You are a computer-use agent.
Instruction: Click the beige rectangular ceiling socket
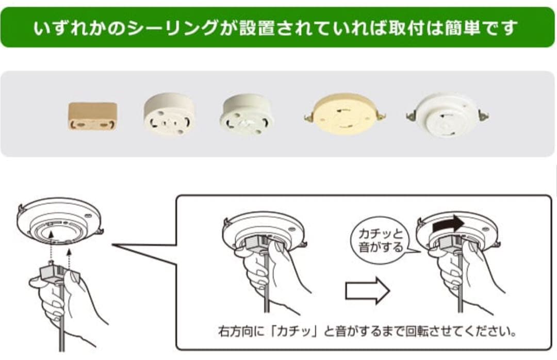pos(93,116)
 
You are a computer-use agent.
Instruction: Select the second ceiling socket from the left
pos(169,116)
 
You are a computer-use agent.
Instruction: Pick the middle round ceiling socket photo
pos(246,116)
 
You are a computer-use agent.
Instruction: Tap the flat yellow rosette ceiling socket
pos(344,115)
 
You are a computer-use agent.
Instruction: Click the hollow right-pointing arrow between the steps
pos(367,290)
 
